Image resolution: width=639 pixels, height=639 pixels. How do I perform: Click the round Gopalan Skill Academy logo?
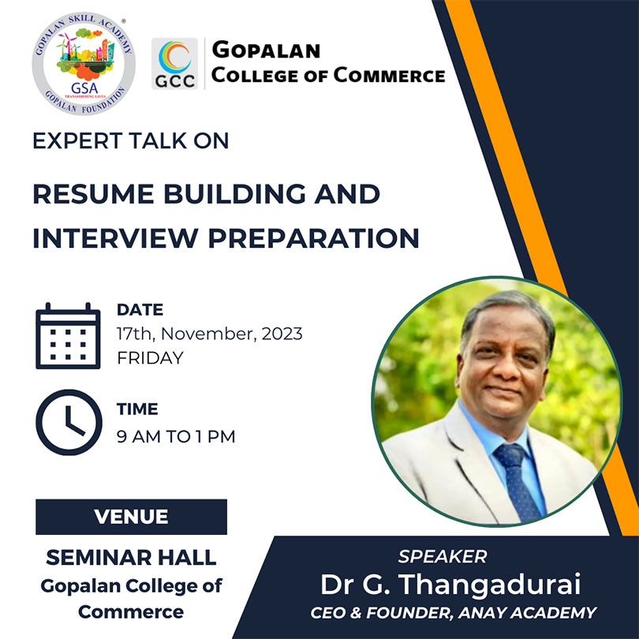coord(84,64)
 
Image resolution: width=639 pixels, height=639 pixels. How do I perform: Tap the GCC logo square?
coord(174,64)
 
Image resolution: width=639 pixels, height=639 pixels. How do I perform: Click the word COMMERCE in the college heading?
coord(389,76)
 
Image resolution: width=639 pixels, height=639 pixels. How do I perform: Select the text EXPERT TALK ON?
coord(130,140)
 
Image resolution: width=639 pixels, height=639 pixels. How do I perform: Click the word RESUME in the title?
coord(93,193)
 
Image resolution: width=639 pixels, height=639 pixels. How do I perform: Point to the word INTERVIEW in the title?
coord(115,238)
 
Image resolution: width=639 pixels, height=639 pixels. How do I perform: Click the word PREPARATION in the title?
coord(314,238)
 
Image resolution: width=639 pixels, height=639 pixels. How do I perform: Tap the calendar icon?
coord(68,336)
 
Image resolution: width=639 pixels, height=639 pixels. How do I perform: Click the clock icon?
coord(69,422)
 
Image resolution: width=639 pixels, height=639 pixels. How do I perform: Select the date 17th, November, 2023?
coord(210,334)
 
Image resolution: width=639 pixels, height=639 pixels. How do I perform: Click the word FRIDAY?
coord(150,358)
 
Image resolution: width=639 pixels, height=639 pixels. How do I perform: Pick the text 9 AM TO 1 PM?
coord(176,436)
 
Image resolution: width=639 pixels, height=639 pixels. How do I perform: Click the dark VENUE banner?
coord(131,517)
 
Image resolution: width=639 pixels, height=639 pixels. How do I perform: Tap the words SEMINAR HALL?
coord(131,558)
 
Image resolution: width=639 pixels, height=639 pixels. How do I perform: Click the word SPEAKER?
coord(443,557)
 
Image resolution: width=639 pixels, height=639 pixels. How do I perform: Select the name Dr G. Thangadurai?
coord(450,585)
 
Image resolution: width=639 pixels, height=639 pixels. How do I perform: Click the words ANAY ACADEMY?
coord(527,613)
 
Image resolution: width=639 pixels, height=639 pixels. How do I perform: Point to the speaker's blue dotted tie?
coord(518,483)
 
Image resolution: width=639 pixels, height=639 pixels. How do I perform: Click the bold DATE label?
coord(140,310)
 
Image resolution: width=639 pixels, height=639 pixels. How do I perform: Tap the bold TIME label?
coord(137,409)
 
